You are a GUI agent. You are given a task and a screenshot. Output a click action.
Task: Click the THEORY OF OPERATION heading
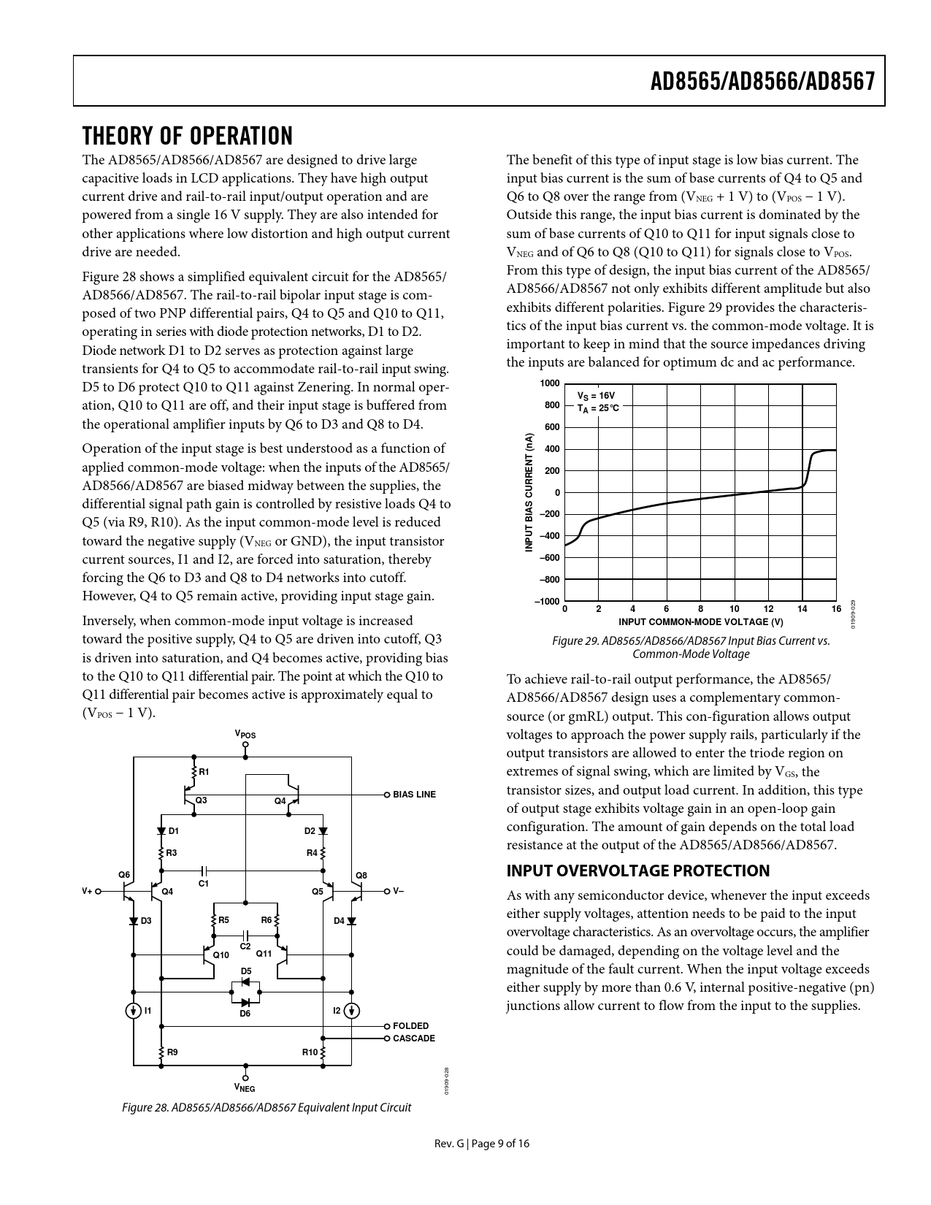point(187,137)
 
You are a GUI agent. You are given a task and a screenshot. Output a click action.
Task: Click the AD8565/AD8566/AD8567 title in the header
point(762,81)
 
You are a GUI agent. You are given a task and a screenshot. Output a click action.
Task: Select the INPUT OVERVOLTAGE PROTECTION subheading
point(637,871)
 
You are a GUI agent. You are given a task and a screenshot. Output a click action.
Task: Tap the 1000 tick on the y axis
point(550,383)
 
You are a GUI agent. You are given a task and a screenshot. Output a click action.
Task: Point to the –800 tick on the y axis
point(549,580)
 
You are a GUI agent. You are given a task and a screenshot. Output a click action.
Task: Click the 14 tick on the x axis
point(802,609)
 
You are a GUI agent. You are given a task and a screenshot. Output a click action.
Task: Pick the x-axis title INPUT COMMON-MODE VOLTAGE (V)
point(700,622)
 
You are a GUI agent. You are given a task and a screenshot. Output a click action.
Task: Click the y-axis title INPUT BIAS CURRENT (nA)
point(529,492)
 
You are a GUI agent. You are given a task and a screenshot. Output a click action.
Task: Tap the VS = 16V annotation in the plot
point(596,395)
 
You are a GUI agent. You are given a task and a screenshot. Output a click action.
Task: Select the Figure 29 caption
point(691,647)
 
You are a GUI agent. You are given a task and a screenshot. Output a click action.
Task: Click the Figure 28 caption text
point(267,1108)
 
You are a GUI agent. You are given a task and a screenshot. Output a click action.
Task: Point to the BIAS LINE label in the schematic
point(414,795)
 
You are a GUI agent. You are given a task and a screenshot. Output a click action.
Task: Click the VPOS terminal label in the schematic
point(245,734)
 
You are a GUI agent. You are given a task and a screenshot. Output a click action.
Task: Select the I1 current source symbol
point(134,1011)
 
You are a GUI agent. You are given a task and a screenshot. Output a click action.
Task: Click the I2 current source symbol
point(351,1011)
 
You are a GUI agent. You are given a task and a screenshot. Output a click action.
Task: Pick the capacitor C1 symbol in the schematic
point(204,871)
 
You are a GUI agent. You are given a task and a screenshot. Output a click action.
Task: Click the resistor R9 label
point(172,1052)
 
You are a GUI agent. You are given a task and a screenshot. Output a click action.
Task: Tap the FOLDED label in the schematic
point(410,1026)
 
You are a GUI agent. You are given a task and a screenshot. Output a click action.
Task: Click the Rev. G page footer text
point(478,1144)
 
